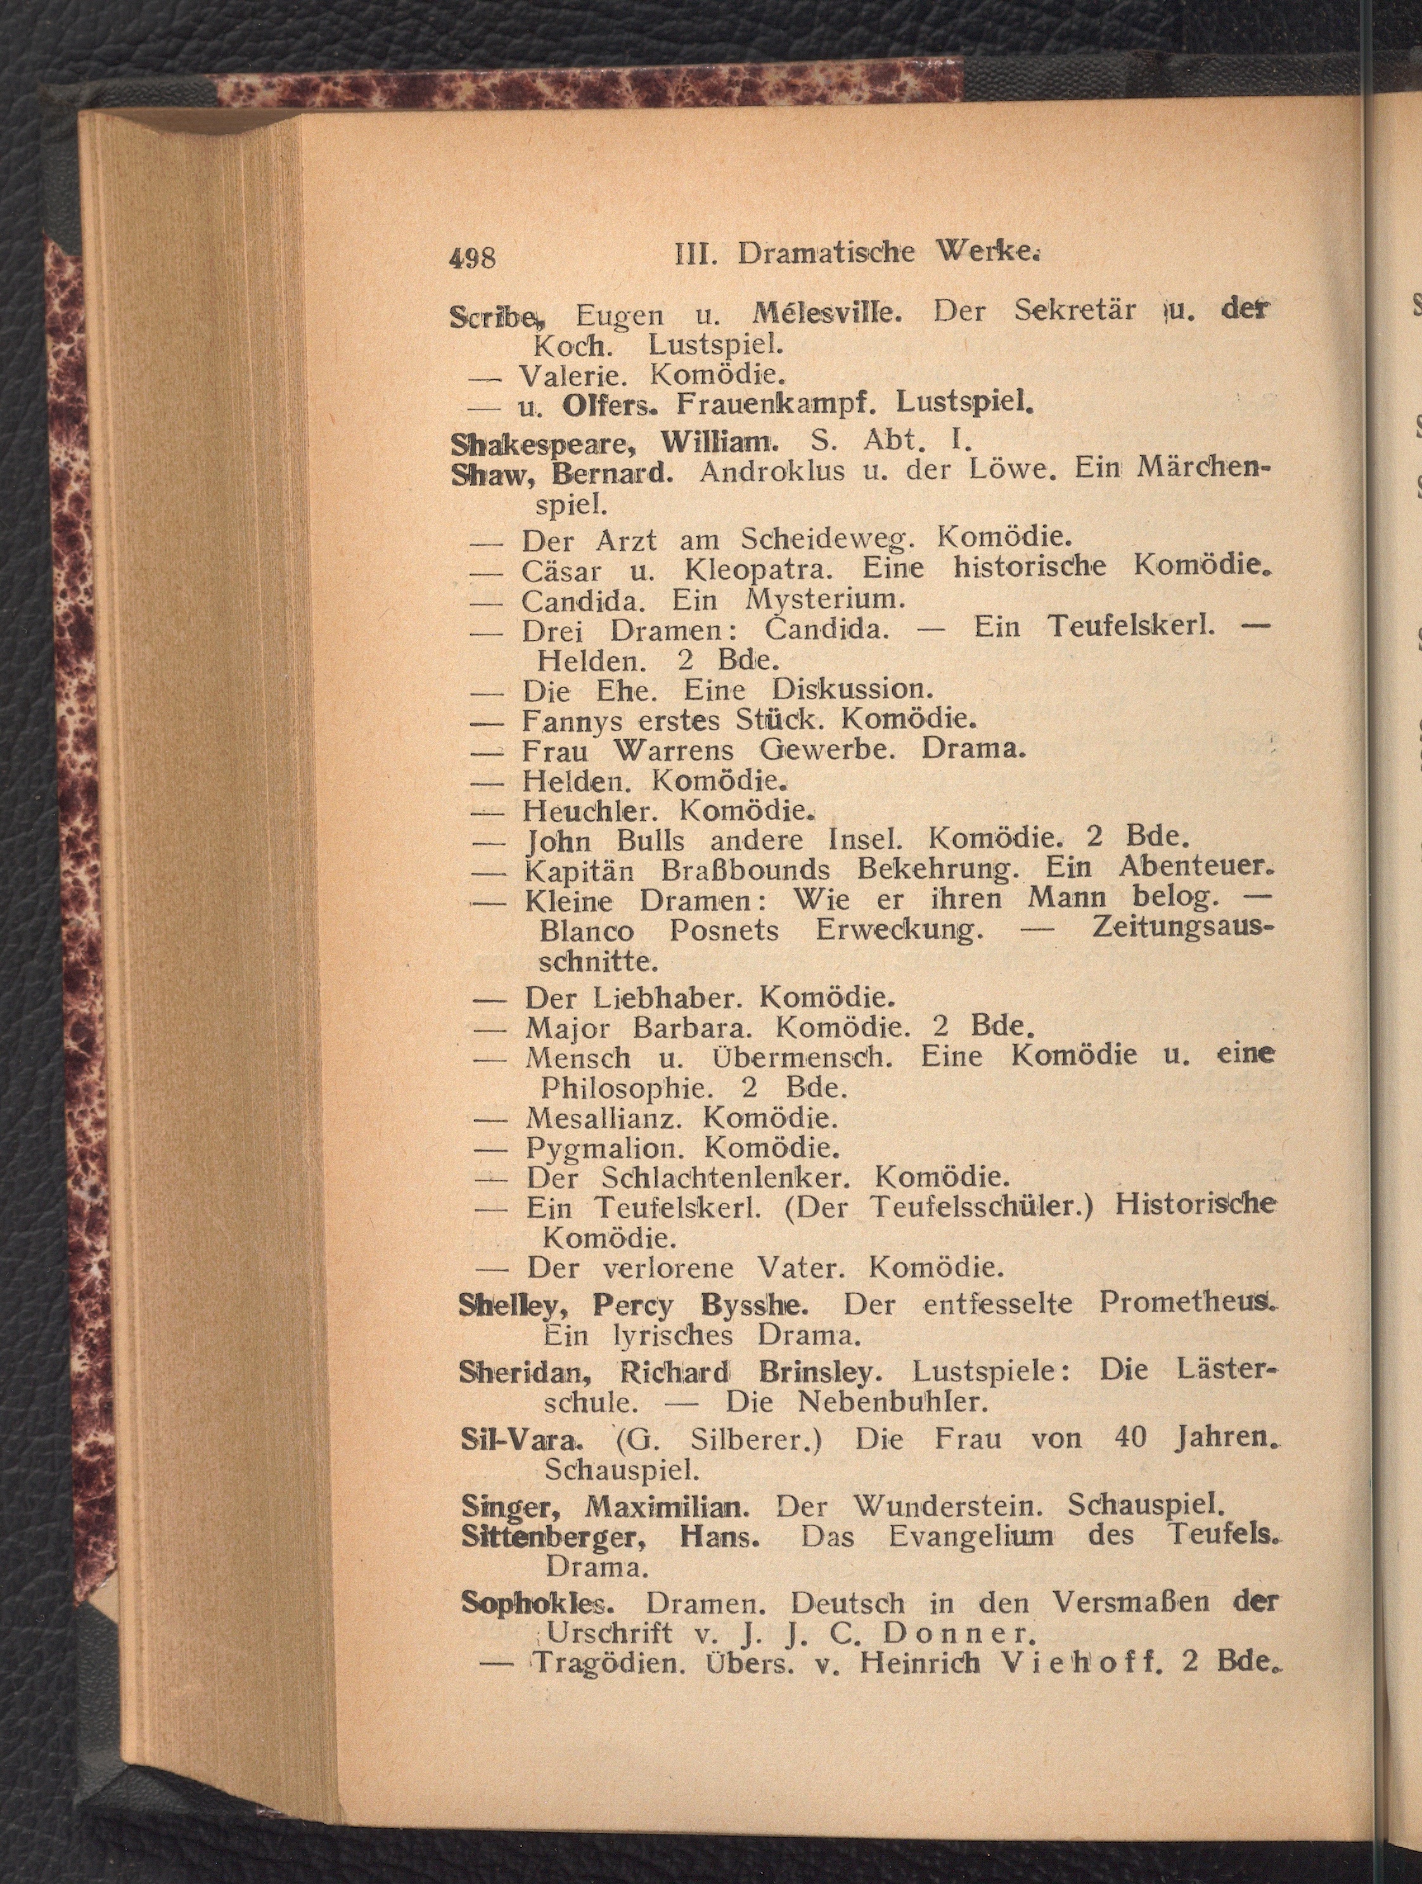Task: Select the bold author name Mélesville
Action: tap(826, 313)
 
